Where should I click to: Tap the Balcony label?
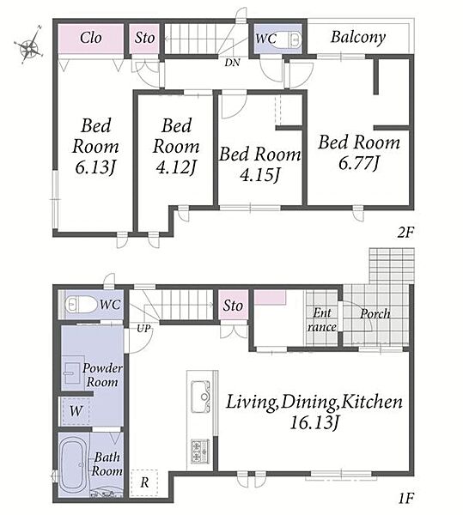point(358,37)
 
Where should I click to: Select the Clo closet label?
point(91,38)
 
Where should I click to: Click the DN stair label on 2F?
point(232,63)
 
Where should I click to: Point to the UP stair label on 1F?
point(143,328)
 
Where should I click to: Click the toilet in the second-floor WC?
point(295,39)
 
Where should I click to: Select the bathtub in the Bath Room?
point(74,464)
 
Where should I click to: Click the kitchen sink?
point(200,397)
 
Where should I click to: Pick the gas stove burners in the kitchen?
point(200,451)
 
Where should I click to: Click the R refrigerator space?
point(144,482)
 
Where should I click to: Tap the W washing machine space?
point(76,411)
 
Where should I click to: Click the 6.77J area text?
point(359,163)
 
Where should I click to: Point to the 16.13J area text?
point(314,422)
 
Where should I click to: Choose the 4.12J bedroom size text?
point(176,167)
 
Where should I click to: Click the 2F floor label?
point(405,233)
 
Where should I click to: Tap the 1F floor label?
point(405,499)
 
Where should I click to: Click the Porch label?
point(375,313)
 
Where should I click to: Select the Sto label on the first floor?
point(233,306)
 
